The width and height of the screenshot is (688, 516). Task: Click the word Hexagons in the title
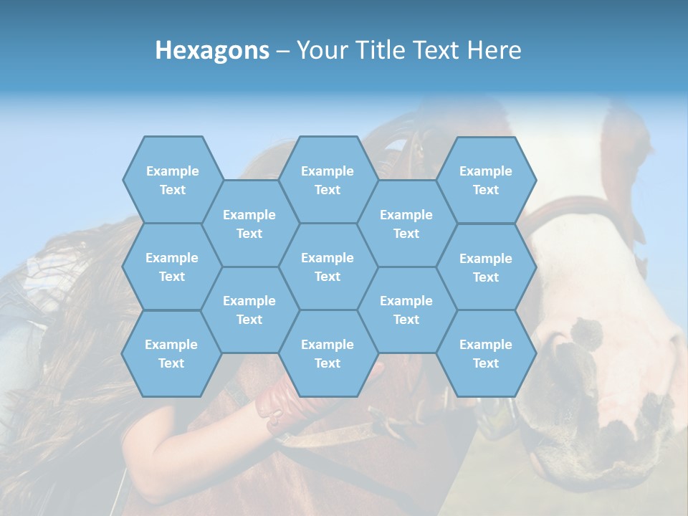[x=212, y=50]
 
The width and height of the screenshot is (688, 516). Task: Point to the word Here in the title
[x=494, y=50]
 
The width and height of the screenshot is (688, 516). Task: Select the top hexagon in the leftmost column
[x=172, y=180]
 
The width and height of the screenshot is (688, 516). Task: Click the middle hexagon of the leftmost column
[x=172, y=267]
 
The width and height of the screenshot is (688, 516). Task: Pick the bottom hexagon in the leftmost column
[x=171, y=353]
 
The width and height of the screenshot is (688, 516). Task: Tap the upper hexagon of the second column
[x=249, y=224]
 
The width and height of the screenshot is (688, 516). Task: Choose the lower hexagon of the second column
[x=249, y=310]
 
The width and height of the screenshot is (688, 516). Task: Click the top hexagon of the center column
[x=328, y=180]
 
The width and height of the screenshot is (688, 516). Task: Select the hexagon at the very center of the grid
[x=328, y=267]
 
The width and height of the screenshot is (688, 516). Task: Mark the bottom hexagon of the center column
[x=328, y=353]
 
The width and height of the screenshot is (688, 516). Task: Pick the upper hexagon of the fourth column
[x=406, y=224]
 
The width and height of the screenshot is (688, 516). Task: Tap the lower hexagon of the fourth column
[x=406, y=310]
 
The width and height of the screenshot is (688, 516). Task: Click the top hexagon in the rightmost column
[x=486, y=180]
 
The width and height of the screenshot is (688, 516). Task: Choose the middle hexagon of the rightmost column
[x=486, y=267]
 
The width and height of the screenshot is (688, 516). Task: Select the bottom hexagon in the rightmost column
[x=486, y=353]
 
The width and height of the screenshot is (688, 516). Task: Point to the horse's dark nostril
[x=586, y=331]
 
